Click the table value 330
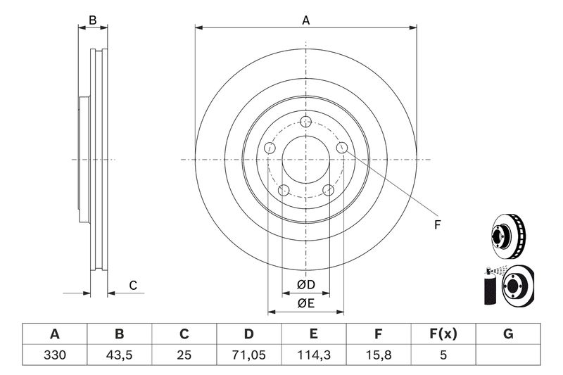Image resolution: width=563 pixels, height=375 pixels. (x=55, y=355)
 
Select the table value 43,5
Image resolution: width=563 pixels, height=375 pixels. (x=119, y=355)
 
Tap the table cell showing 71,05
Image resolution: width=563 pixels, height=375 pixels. (x=248, y=355)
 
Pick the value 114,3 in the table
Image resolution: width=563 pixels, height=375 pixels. (x=313, y=355)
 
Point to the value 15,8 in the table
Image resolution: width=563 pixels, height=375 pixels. (x=378, y=355)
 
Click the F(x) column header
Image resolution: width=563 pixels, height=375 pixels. (x=443, y=333)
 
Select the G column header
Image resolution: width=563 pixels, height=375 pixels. (x=508, y=333)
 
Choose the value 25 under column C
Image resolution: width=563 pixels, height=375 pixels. (x=184, y=355)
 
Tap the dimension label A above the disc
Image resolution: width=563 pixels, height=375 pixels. (x=305, y=20)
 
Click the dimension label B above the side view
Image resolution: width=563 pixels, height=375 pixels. (x=93, y=20)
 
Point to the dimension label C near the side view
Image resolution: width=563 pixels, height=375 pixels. (x=133, y=286)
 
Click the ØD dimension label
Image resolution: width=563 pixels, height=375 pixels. (x=306, y=285)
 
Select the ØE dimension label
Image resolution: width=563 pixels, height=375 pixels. (x=306, y=304)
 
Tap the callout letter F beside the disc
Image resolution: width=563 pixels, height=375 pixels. (x=437, y=225)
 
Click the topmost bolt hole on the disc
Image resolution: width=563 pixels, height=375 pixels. (x=305, y=121)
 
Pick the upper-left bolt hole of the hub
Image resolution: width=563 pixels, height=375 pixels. (x=270, y=148)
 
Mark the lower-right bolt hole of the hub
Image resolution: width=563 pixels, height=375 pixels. (x=328, y=190)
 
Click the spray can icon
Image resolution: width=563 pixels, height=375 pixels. (x=490, y=286)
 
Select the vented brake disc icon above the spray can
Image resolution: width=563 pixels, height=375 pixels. (x=508, y=236)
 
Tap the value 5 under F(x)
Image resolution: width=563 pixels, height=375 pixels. (x=443, y=355)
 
